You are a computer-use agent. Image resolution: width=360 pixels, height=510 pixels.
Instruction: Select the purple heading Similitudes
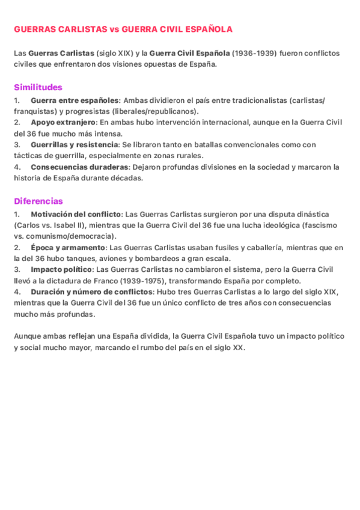coord(38,87)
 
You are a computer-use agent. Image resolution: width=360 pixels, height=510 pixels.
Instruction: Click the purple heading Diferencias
coord(38,201)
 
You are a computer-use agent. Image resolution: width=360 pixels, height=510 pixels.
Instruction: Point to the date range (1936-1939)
coord(255,53)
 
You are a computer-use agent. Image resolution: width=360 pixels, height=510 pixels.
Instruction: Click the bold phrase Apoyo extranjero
coord(63,122)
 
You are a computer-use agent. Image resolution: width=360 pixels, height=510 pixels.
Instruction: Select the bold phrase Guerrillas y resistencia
coord(75,144)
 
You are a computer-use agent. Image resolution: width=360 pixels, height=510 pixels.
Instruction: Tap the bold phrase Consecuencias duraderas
coord(79,167)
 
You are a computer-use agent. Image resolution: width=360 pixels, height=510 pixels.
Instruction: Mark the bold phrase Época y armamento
coord(68,247)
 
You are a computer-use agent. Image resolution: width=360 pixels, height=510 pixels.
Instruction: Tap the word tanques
coord(87,259)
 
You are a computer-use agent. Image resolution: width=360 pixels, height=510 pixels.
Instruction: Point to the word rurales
coord(188,156)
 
